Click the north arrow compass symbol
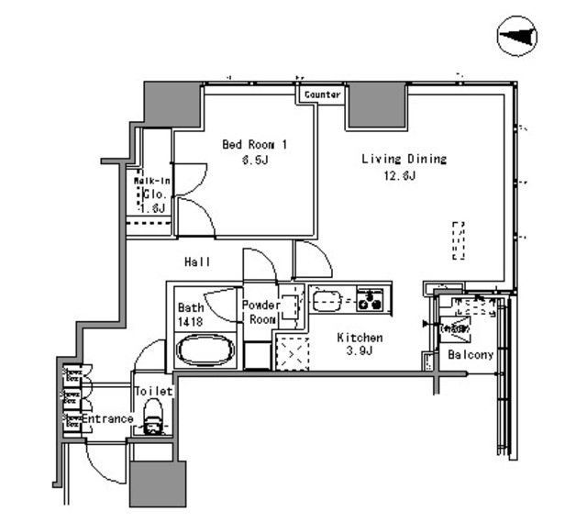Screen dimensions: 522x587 click(x=518, y=37)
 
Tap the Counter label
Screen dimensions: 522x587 click(x=323, y=94)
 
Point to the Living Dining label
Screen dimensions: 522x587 click(x=404, y=159)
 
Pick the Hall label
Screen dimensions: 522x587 click(x=197, y=262)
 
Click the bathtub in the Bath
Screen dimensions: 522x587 click(x=206, y=350)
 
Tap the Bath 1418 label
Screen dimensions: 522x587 click(x=191, y=315)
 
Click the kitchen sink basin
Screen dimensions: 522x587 click(x=327, y=298)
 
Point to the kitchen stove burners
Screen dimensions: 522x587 click(x=372, y=298)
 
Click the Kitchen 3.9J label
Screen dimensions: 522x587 click(x=359, y=345)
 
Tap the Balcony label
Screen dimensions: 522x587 click(x=471, y=355)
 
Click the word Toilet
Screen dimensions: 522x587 click(x=153, y=391)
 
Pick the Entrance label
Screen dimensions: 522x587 click(x=108, y=419)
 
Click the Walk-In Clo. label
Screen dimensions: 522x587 click(x=151, y=194)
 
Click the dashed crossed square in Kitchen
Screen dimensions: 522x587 click(x=293, y=352)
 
